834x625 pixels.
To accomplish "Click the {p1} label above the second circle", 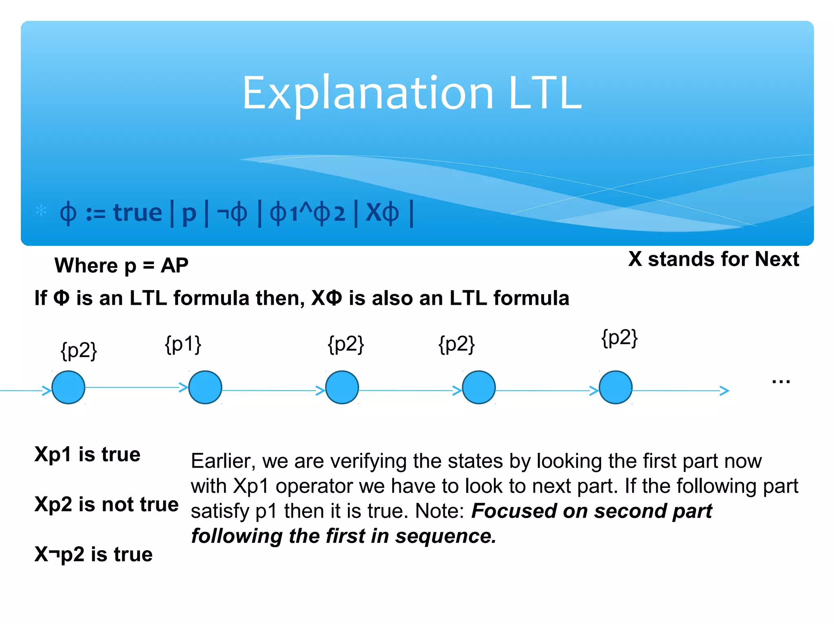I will coord(183,344).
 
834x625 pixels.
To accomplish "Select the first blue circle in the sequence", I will coord(68,387).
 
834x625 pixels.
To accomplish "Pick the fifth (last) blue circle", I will coord(615,387).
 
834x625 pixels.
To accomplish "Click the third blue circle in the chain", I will coord(342,387).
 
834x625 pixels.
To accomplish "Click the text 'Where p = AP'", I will coord(121,266).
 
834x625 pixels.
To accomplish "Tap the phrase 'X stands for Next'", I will coord(713,259).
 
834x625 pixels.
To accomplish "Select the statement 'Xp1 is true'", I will coord(88,454).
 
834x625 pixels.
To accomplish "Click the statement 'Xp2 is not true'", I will coord(107,504).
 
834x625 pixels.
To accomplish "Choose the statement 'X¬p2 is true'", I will coord(94,554).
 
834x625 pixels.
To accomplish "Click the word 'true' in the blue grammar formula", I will coord(137,213).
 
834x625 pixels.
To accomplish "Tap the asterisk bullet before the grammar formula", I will coord(41,211).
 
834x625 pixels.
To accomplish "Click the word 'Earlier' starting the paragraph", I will coord(223,461).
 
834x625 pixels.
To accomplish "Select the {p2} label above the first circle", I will coord(79,350).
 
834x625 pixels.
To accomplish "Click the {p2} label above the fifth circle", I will coord(619,338).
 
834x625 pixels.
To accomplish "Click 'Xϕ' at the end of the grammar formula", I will coord(382,213).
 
